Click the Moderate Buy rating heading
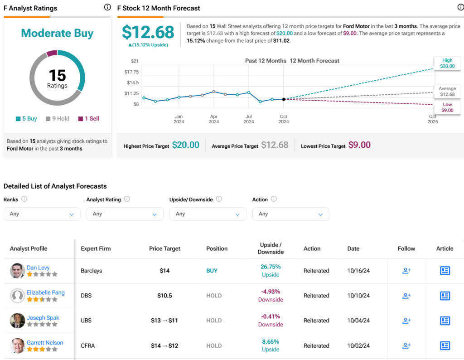pos(57,33)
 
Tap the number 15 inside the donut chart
pos(58,75)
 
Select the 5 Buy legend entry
pos(26,119)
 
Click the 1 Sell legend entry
pos(88,119)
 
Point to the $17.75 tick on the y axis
pos(132,72)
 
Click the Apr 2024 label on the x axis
pos(214,119)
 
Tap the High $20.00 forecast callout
pos(447,63)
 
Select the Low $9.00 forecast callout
pos(447,107)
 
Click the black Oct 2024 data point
pos(284,99)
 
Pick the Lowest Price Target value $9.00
pos(360,145)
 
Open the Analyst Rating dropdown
pos(125,214)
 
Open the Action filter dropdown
pos(290,214)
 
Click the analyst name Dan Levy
pos(38,268)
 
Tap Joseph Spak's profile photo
pos(17,321)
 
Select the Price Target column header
pos(164,248)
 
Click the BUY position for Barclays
pos(212,271)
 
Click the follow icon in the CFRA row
pos(406,345)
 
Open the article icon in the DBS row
pos(445,296)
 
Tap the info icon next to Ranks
pos(24,199)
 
